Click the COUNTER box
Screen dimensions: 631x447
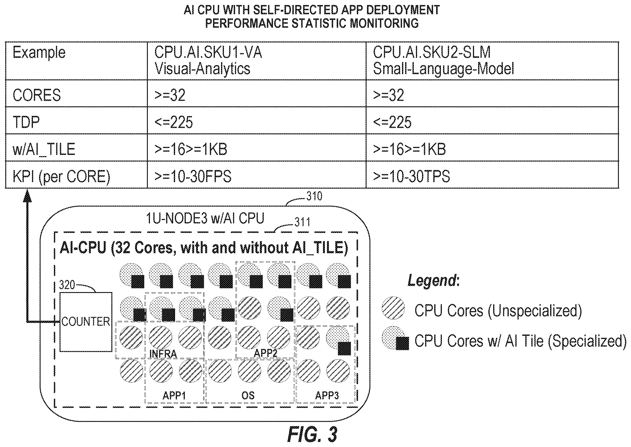pyautogui.click(x=86, y=322)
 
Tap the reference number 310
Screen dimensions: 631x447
pyautogui.click(x=314, y=196)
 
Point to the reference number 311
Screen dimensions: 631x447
pyautogui.click(x=302, y=222)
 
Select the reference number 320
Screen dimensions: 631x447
pyautogui.click(x=67, y=285)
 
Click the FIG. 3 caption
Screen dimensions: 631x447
pyautogui.click(x=312, y=434)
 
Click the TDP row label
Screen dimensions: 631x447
pyautogui.click(x=26, y=122)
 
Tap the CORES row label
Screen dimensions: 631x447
pyautogui.click(x=37, y=95)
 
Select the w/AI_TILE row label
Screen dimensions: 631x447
pyautogui.click(x=44, y=149)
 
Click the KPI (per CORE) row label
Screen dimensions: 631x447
pyautogui.click(x=61, y=176)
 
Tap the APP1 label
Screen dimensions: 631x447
pyautogui.click(x=174, y=396)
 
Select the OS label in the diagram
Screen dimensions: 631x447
pyautogui.click(x=248, y=396)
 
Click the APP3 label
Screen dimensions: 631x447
pyautogui.click(x=327, y=396)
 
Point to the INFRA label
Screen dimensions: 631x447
pyautogui.click(x=163, y=354)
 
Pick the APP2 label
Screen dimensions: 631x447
pyautogui.click(x=265, y=353)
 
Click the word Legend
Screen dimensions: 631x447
pyautogui.click(x=432, y=281)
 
